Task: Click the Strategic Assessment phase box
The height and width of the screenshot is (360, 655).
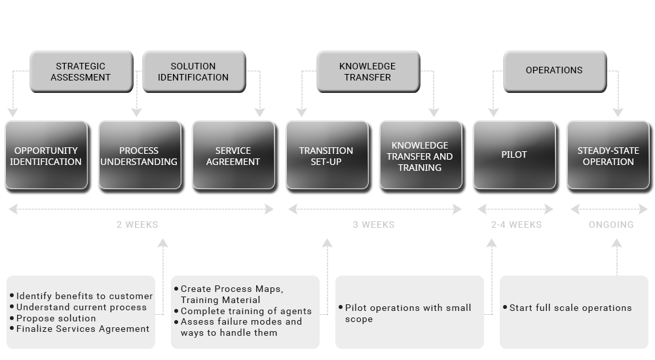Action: point(81,71)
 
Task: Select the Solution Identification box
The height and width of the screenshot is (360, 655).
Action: point(193,71)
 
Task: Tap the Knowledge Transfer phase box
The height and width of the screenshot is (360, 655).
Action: point(367,71)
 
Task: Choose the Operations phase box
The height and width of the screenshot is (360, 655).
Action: point(554,71)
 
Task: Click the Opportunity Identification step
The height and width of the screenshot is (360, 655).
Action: point(46,156)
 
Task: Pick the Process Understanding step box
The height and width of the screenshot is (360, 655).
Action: point(139,156)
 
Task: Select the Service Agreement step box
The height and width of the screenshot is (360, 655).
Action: point(233,156)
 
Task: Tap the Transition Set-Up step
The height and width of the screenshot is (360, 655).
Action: point(326,156)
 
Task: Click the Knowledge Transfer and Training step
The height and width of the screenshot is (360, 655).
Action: point(420,156)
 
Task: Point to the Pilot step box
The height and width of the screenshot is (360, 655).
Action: point(514,156)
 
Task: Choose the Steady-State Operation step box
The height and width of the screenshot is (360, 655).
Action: point(608,156)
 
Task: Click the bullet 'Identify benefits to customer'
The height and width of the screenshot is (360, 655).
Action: point(84,297)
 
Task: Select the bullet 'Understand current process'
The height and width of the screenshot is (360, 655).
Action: point(81,307)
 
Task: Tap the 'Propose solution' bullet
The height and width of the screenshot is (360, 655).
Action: point(56,318)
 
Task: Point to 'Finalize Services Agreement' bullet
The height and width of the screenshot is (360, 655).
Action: point(83,329)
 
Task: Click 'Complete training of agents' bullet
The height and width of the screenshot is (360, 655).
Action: point(246,311)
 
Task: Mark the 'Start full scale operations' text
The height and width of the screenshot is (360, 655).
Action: point(571,308)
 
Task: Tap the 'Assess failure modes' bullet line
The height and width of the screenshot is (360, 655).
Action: point(241,321)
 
